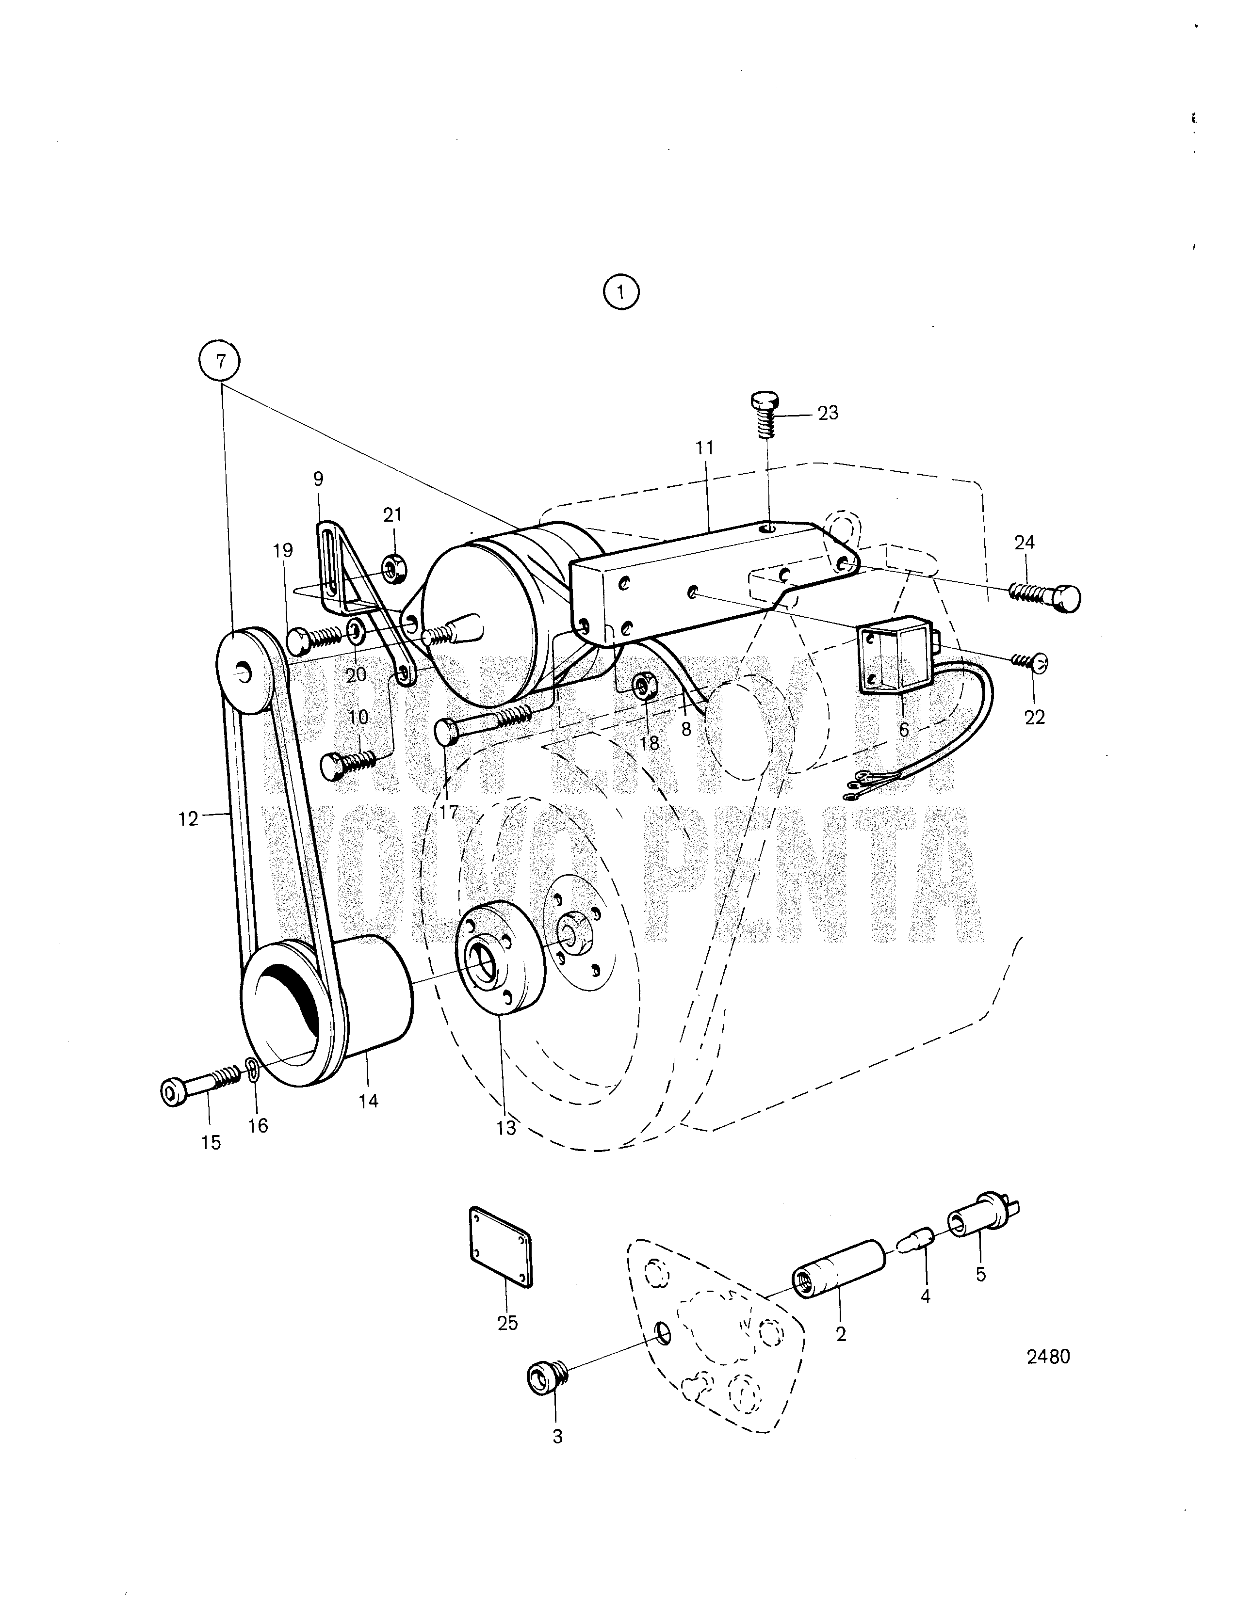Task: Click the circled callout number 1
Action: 621,293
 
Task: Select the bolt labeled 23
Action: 766,414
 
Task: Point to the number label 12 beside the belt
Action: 188,818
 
